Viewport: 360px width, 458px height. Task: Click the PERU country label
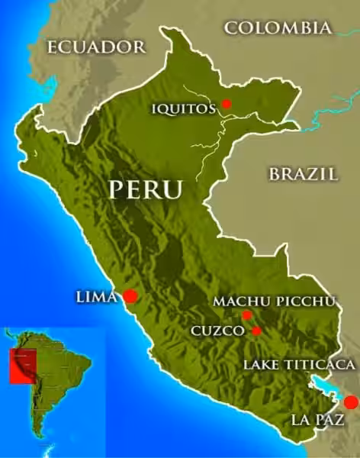[146, 189]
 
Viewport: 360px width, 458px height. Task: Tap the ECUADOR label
[96, 47]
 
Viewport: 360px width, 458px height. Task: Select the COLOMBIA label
[278, 29]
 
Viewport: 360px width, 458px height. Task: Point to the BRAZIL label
[303, 174]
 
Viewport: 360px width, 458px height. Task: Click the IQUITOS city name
[183, 108]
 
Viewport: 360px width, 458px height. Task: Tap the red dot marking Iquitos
[226, 104]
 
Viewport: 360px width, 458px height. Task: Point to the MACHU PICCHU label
[274, 302]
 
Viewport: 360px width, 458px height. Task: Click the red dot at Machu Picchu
[246, 315]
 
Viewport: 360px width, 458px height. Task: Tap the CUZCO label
[217, 331]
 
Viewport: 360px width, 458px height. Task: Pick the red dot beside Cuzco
[256, 331]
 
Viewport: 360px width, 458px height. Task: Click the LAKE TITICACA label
[299, 364]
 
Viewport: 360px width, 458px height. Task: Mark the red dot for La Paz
[350, 402]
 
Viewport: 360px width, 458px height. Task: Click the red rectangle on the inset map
[22, 366]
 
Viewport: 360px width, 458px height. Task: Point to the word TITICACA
[320, 364]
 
